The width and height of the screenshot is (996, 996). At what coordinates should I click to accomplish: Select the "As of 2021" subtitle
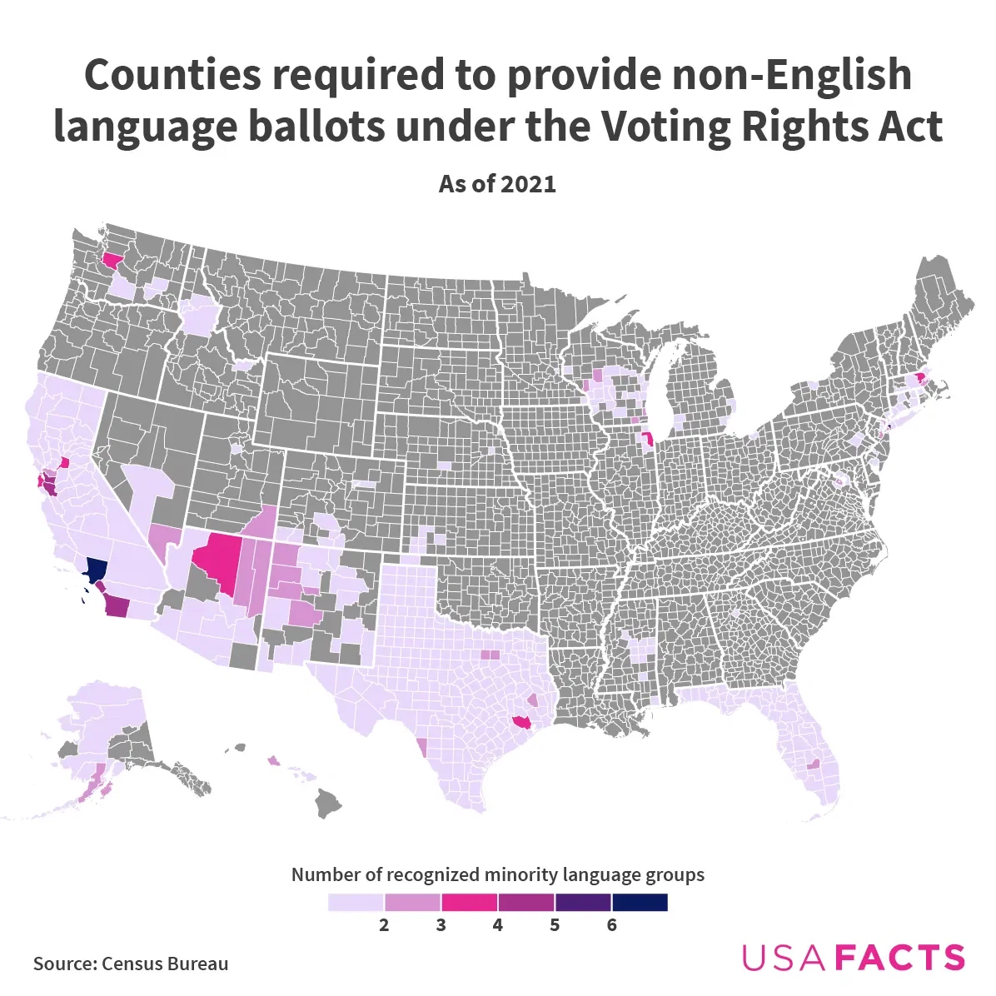[x=497, y=184]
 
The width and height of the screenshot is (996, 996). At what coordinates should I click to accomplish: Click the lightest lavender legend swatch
[x=356, y=903]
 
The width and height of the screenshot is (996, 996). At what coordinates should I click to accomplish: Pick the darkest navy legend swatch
[x=640, y=903]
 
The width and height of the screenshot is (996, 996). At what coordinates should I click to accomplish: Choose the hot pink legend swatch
[x=469, y=903]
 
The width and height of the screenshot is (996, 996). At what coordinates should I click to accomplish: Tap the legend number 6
[x=611, y=925]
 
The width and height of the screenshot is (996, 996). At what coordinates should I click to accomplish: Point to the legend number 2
[x=384, y=925]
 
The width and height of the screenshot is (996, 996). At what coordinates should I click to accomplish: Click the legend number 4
[x=497, y=925]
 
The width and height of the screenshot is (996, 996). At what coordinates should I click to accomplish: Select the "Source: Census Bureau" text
[x=131, y=964]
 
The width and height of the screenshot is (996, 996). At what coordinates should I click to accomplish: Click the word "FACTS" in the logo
[x=900, y=958]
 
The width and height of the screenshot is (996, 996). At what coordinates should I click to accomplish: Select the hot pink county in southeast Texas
[x=522, y=722]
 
